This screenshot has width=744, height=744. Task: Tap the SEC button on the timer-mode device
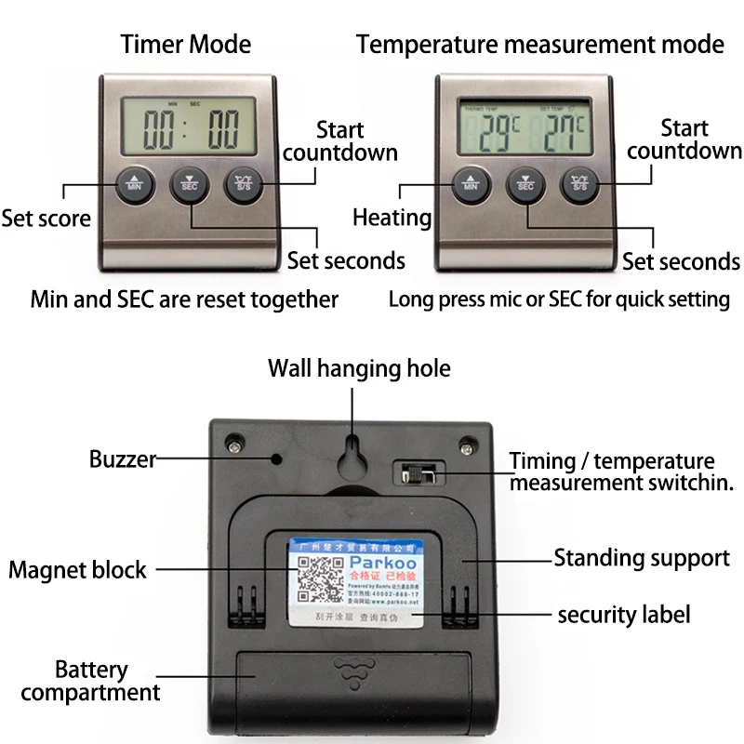point(190,183)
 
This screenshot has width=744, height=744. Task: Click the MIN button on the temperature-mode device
point(470,183)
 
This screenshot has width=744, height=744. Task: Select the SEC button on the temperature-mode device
point(525,183)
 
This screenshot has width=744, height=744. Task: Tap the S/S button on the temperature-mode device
point(579,183)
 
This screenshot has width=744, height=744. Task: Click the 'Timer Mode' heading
point(186,44)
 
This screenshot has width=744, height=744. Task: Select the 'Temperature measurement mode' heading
point(539,44)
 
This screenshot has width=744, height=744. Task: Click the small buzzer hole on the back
point(276,458)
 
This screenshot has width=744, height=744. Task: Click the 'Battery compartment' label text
point(90,681)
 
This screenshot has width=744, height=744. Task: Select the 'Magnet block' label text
point(77,569)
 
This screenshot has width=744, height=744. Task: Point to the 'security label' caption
point(623,615)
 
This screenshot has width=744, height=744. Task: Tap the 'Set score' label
point(46,219)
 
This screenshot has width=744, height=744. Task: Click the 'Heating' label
point(392,218)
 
